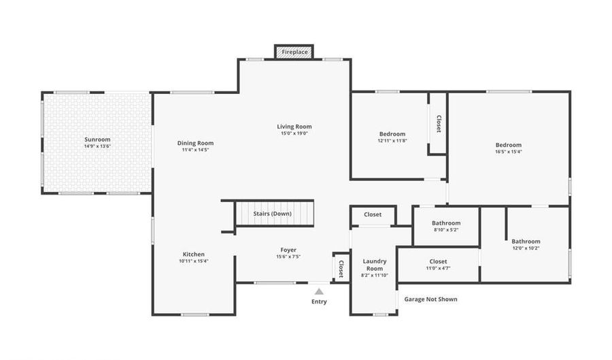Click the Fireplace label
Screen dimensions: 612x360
[294, 52]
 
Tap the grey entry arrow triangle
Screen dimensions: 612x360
[320, 291]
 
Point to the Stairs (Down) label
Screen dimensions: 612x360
[273, 214]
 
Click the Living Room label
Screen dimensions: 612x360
[294, 127]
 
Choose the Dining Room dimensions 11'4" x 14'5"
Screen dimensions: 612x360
[196, 150]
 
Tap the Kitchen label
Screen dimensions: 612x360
[194, 255]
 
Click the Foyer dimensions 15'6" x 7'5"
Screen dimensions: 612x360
[288, 257]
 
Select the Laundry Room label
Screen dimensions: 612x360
[375, 265]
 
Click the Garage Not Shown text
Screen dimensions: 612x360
[431, 299]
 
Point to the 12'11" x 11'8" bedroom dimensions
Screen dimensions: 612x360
[392, 141]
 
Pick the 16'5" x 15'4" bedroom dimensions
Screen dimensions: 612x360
[509, 152]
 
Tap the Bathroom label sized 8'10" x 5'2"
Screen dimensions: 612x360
[446, 223]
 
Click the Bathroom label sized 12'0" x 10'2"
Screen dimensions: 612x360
[526, 242]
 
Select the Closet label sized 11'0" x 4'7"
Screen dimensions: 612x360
[439, 261]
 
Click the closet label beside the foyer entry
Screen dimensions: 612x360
[341, 269]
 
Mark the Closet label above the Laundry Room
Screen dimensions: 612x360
[373, 214]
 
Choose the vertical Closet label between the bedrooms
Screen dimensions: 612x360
[439, 124]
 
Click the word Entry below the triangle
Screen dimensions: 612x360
[320, 301]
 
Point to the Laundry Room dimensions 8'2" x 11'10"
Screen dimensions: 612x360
[375, 275]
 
